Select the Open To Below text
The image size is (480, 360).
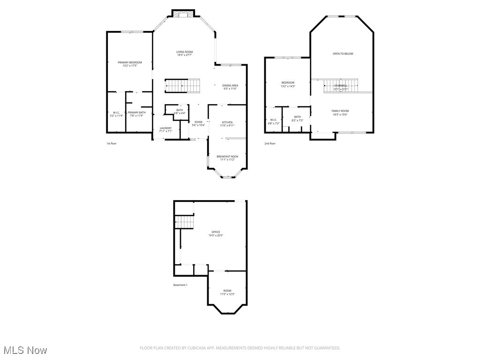(343, 54)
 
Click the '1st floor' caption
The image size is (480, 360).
(111, 143)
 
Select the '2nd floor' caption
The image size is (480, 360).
(270, 143)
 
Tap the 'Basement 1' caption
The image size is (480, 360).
(180, 285)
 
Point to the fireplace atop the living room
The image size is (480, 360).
(183, 14)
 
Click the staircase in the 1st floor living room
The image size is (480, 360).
(182, 86)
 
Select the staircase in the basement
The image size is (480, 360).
(184, 222)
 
